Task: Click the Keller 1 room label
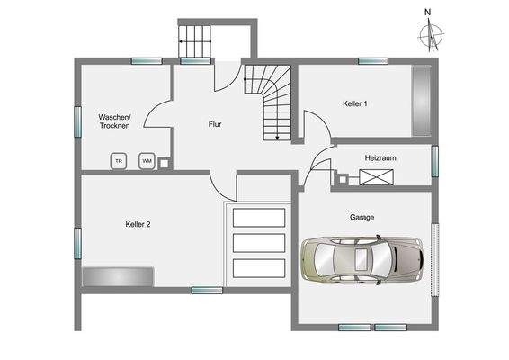[355, 103]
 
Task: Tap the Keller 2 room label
[138, 224]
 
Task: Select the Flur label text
[215, 124]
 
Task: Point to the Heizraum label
[380, 157]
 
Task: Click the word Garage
[362, 217]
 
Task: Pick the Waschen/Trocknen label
[114, 121]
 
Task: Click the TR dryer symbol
[119, 161]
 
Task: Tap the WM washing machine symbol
[147, 161]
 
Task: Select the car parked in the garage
[362, 260]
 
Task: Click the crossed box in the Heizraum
[376, 177]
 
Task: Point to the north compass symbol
[431, 35]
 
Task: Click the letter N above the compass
[427, 13]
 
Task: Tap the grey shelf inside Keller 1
[422, 101]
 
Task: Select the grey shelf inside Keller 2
[118, 277]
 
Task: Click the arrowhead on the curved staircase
[277, 138]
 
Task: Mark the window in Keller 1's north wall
[373, 61]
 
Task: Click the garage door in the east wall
[435, 259]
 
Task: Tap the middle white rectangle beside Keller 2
[259, 243]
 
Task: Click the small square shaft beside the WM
[165, 164]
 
